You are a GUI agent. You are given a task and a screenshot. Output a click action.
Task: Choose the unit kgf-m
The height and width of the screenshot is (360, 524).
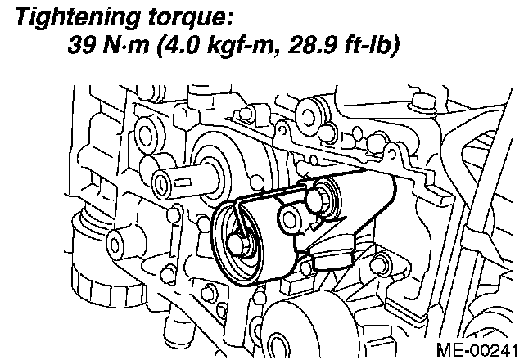240,45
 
